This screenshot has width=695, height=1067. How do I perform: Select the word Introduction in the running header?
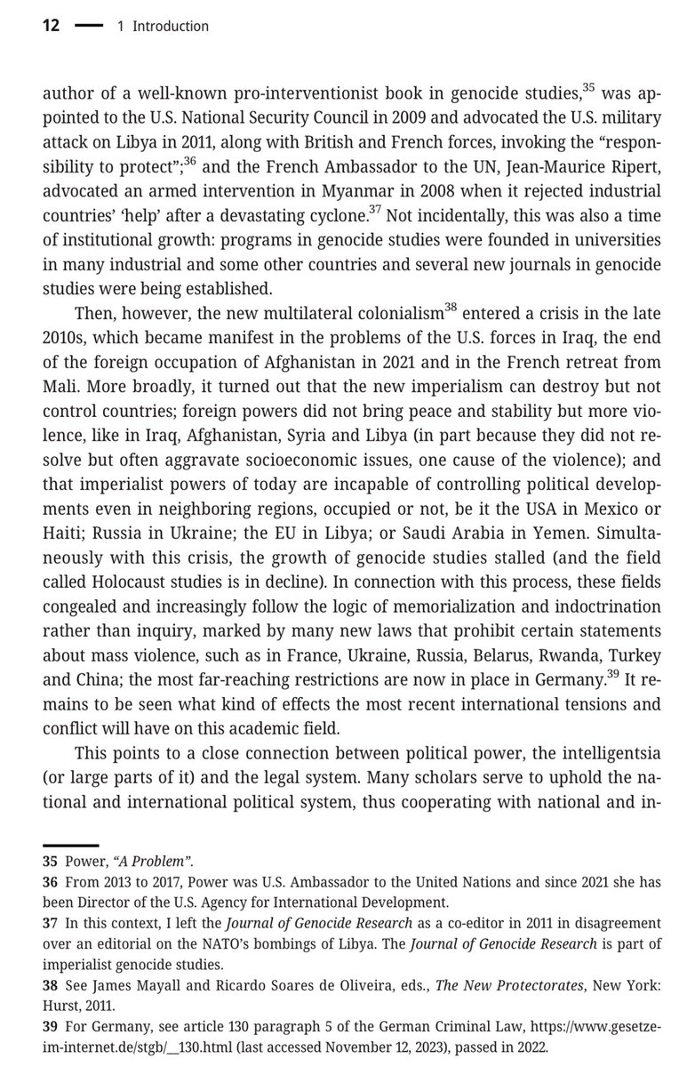point(171,27)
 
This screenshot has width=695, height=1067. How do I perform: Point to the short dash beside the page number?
point(88,27)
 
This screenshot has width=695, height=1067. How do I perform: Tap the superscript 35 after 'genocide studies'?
point(587,85)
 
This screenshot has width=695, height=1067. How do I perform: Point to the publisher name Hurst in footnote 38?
point(61,1019)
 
